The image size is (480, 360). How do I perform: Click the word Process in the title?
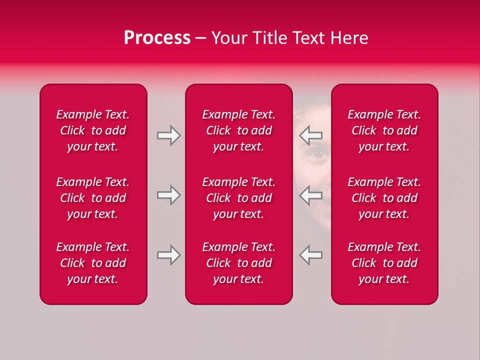tap(157, 38)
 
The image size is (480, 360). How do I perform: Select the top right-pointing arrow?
tap(169, 135)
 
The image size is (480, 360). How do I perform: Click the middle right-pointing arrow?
tap(169, 195)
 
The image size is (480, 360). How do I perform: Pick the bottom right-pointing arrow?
tap(169, 254)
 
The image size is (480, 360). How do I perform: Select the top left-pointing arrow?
tap(310, 135)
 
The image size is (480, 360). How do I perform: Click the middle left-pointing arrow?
tap(310, 195)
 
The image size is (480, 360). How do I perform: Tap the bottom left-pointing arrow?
tap(310, 254)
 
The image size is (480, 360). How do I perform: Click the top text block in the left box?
tap(93, 130)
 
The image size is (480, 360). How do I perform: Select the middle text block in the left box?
tap(93, 198)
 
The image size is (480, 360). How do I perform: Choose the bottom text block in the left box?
tap(93, 263)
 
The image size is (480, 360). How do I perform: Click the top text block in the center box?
tap(238, 130)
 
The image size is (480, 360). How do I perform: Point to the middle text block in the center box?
tap(238, 198)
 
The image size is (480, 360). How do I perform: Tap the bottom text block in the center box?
tap(238, 263)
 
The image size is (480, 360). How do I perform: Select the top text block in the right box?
tap(384, 130)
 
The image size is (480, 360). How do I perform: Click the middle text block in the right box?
tap(384, 198)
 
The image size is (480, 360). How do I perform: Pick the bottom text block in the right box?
tap(384, 263)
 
